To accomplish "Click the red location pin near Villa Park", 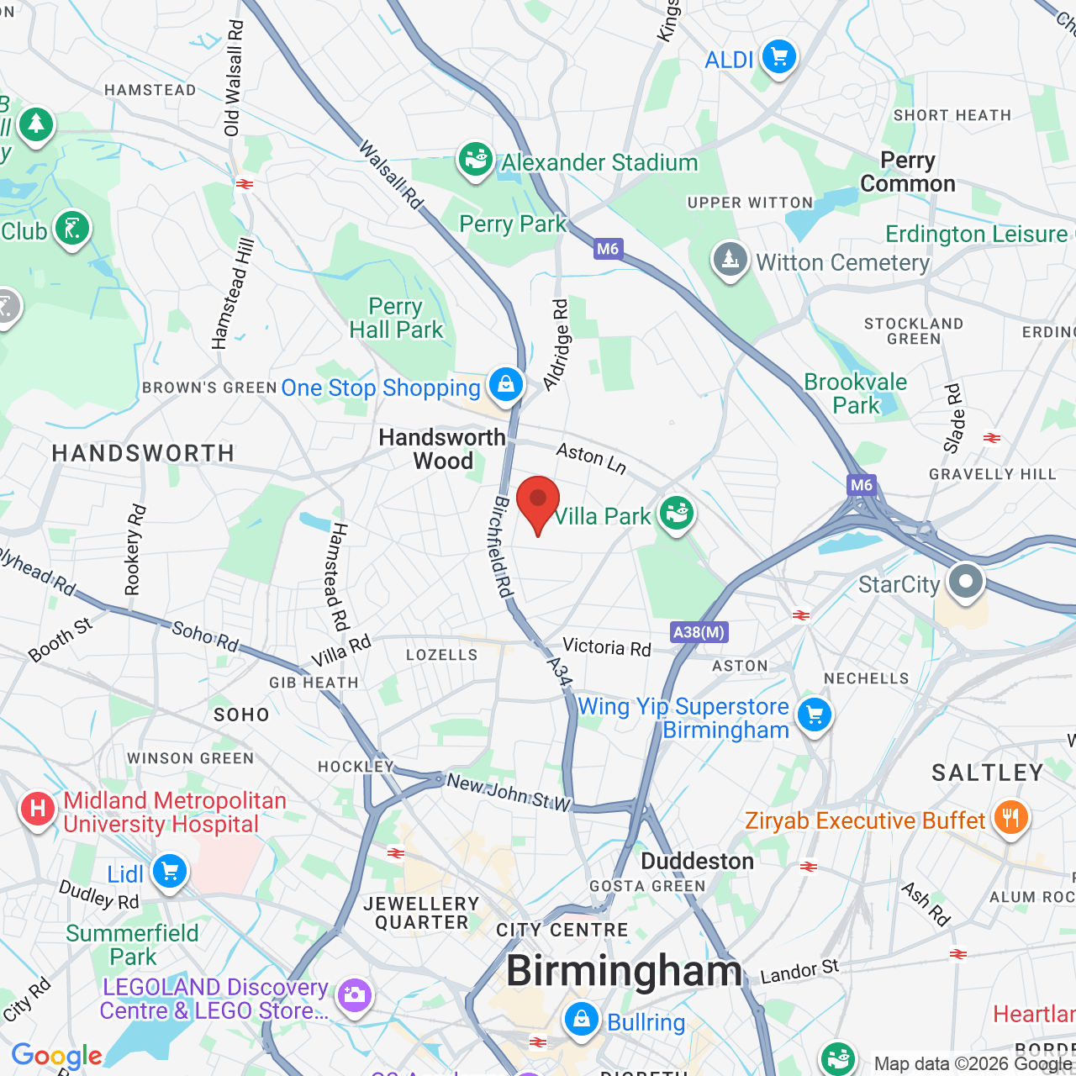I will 538,501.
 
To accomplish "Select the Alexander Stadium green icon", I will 475,159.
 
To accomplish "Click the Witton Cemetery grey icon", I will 730,260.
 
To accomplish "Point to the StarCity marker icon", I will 966,581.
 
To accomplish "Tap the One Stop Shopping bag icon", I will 505,385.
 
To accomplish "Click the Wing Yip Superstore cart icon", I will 814,715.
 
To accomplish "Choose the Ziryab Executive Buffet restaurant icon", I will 1010,816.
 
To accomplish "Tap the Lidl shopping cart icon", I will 170,872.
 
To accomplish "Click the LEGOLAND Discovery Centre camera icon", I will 354,996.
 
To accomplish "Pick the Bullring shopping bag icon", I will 581,1020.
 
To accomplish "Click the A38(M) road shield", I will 699,632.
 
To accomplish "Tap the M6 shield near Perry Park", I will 608,249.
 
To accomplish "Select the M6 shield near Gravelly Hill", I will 862,485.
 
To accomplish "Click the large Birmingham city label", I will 625,972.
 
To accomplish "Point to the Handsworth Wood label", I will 442,449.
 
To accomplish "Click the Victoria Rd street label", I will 607,646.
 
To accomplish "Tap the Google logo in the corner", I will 56,1056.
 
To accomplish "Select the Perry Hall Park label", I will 396,319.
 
